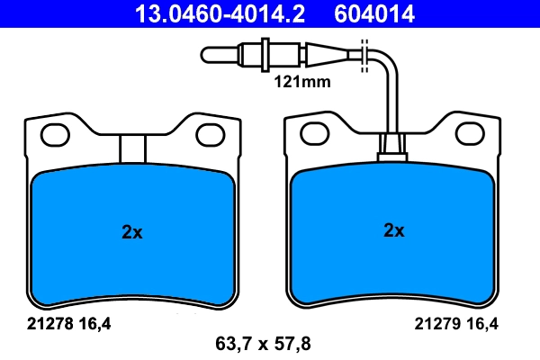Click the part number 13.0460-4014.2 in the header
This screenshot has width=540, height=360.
pos(220,14)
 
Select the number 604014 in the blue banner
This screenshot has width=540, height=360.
pos(374,14)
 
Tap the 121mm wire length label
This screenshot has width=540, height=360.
pos(302,82)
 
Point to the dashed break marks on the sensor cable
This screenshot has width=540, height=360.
pos(364,56)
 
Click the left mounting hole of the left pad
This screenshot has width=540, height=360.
pos(55,135)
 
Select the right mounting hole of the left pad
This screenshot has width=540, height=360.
pos(211,135)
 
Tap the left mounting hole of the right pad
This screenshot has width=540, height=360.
pos(315,133)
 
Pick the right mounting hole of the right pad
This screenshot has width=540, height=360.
pos(470,133)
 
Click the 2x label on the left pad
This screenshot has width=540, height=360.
pos(132,232)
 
